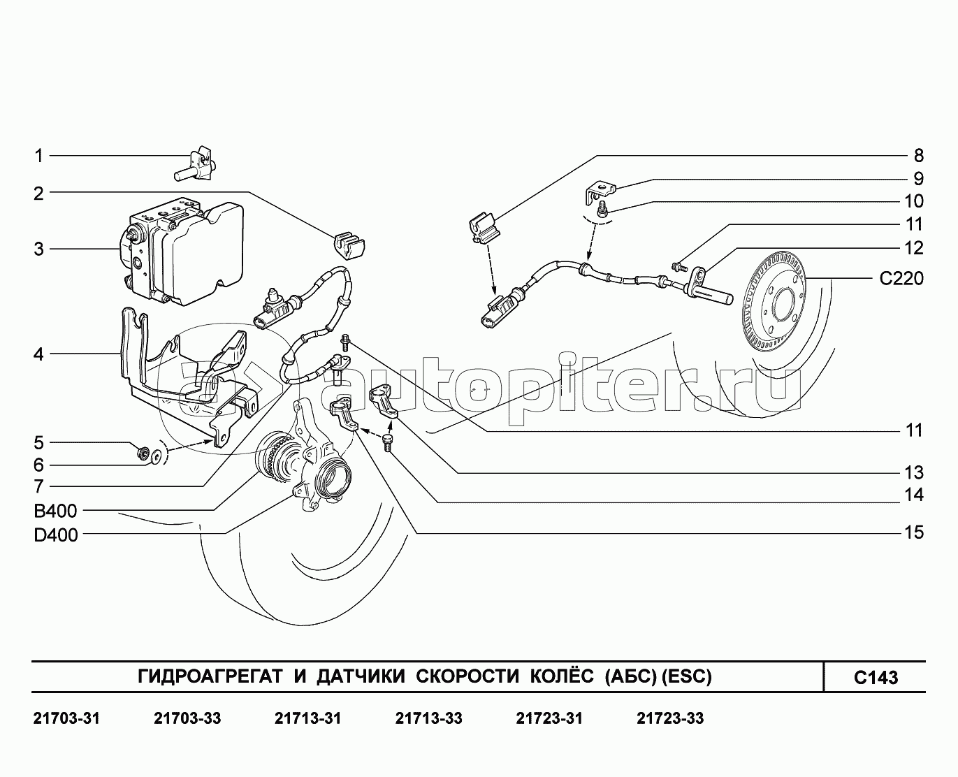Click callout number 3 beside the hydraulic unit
[x=38, y=249]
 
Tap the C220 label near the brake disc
[x=901, y=278]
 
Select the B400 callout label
[x=55, y=511]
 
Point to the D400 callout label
[x=55, y=535]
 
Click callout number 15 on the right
[x=914, y=532]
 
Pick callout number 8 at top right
[x=919, y=156]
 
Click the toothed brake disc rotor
[x=774, y=301]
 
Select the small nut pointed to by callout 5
[x=143, y=452]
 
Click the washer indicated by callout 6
[x=157, y=456]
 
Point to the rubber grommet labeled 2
[x=349, y=245]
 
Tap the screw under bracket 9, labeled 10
[x=603, y=210]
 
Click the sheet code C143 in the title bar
[x=876, y=677]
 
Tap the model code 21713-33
[x=428, y=718]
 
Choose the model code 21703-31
[x=66, y=718]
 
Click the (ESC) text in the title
[x=687, y=676]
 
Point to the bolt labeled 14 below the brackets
[x=387, y=443]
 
